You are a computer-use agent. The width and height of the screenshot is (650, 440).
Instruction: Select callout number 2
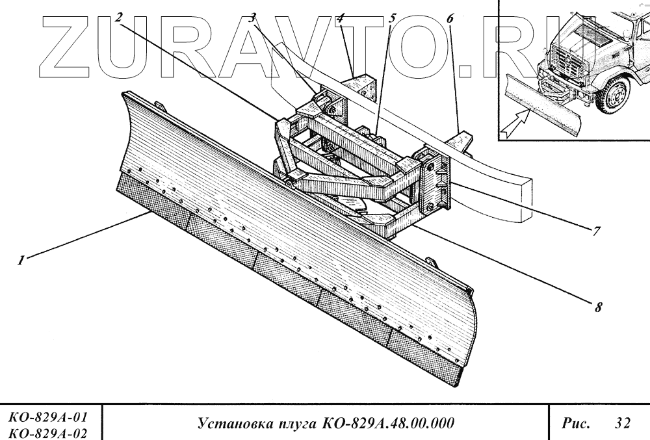[118, 18]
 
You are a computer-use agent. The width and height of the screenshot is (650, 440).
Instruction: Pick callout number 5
[391, 18]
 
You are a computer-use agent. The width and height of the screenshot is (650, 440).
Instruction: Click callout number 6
[448, 18]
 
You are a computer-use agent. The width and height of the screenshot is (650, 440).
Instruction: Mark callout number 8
[596, 307]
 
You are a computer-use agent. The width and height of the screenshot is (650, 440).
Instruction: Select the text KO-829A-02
[47, 430]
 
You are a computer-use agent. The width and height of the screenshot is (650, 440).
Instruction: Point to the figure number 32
[622, 423]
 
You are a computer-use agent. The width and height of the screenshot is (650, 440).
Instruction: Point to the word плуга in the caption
[295, 423]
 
